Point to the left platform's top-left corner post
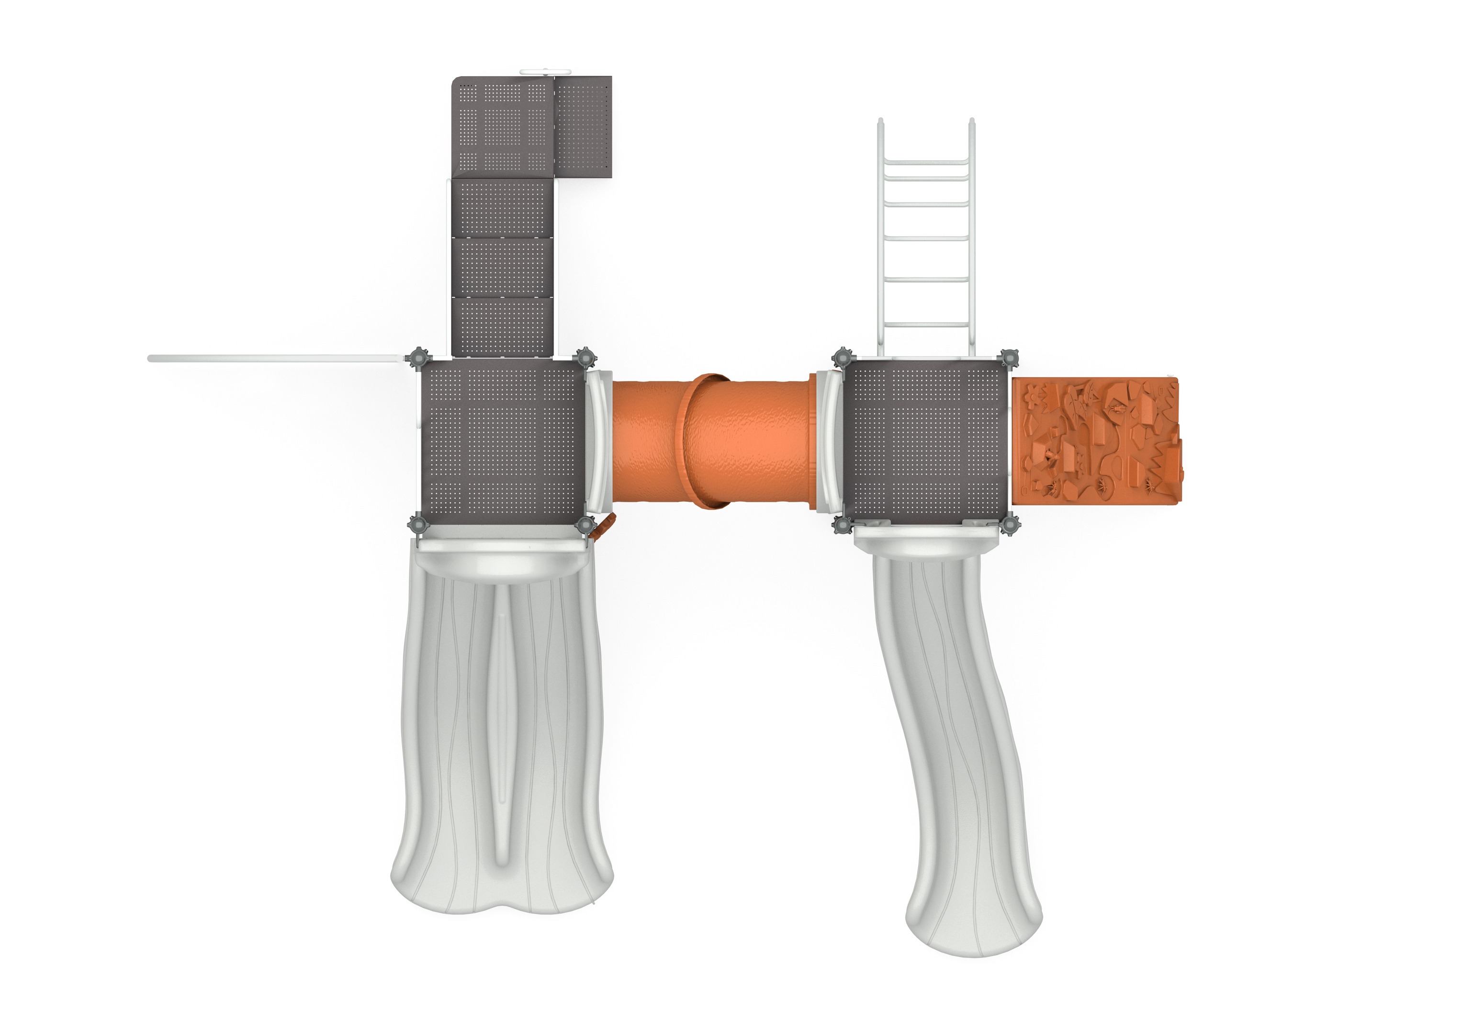click(x=418, y=359)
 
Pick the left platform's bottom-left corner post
click(x=418, y=525)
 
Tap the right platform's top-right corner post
click(x=1008, y=359)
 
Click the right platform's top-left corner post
click(x=843, y=359)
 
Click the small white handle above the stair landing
click(x=545, y=72)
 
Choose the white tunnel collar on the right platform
click(x=829, y=442)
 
